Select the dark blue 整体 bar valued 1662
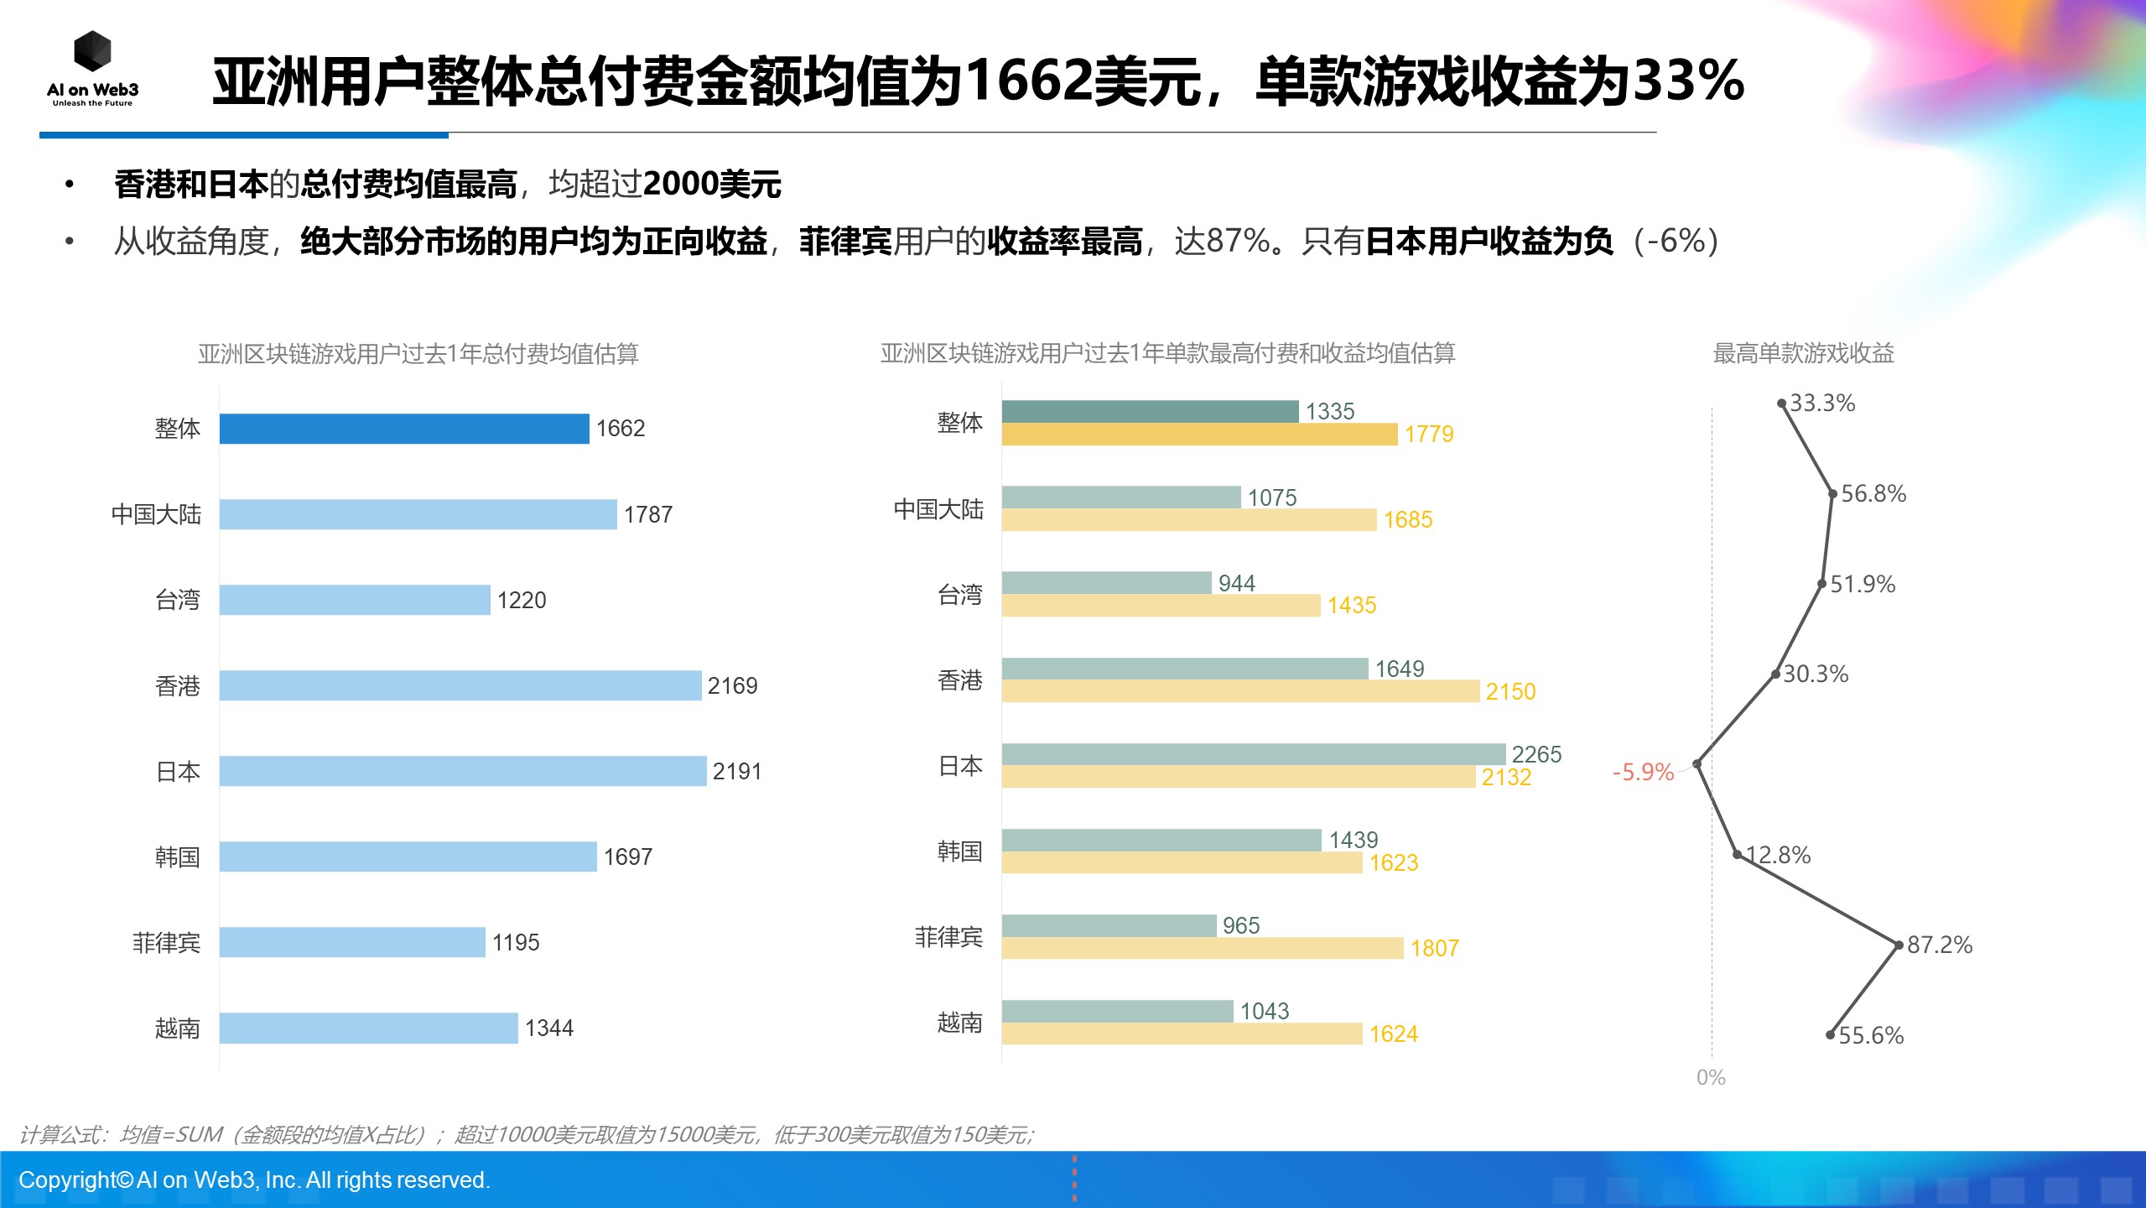coord(403,429)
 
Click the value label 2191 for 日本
coord(736,772)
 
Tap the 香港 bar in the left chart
coord(460,685)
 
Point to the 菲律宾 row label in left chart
coord(166,943)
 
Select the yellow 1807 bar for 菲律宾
coord(1202,949)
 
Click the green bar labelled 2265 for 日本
coord(1253,753)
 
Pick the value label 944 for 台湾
coord(1236,583)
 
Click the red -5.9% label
coord(1642,772)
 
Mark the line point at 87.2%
coord(1899,945)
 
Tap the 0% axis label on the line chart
coord(1710,1078)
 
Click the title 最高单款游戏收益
coord(1803,353)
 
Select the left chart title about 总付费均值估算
coord(418,353)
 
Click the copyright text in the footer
coord(254,1180)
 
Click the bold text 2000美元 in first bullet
coord(712,184)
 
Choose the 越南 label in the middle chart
coord(959,1023)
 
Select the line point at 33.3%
coord(1781,404)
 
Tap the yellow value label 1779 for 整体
coord(1428,435)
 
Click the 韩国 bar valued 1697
coord(408,857)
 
